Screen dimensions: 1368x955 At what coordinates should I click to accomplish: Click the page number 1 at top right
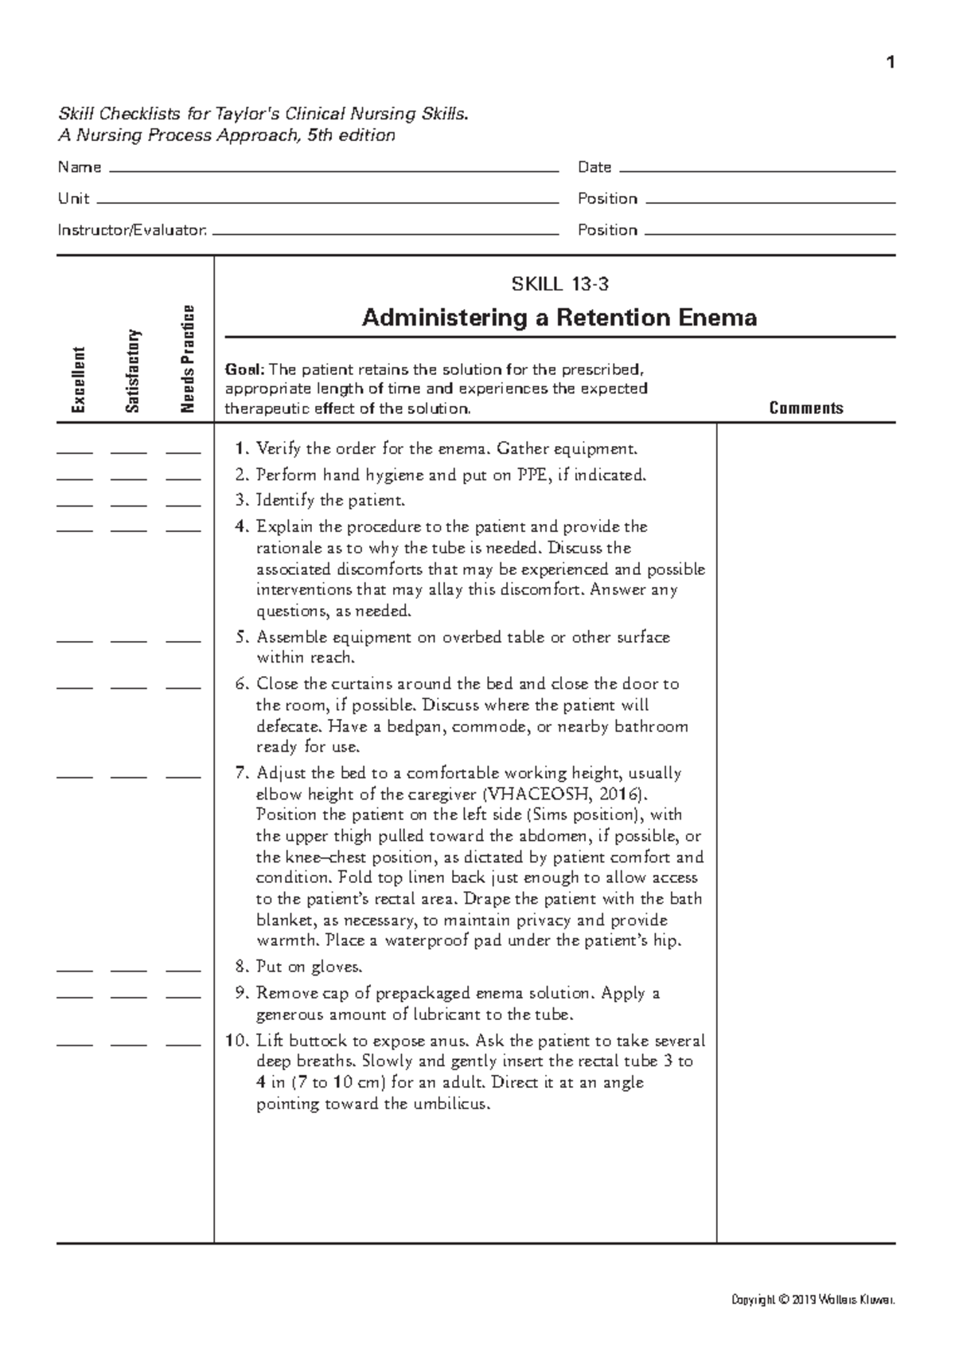[x=891, y=63]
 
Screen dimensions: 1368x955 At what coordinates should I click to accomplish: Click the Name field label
[x=79, y=167]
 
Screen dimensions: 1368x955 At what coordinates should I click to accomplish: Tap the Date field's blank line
[x=756, y=170]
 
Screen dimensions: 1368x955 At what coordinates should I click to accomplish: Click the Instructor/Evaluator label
[x=132, y=230]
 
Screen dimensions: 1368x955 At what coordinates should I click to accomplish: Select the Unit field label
[x=73, y=198]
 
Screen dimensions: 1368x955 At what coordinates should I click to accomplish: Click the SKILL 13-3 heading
[x=559, y=283]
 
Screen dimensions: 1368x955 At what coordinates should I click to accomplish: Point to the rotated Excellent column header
[x=78, y=380]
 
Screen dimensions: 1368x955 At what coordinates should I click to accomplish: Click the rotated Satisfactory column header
[x=133, y=371]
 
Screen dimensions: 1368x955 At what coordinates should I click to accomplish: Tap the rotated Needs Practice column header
[x=188, y=359]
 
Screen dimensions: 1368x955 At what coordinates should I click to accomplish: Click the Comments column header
[x=805, y=408]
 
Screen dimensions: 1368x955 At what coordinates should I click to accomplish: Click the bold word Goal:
[x=244, y=369]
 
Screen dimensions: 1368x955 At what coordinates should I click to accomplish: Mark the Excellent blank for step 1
[x=75, y=452]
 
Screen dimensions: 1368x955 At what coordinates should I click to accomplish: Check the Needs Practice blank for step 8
[x=183, y=971]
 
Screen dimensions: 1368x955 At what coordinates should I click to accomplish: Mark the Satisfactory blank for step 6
[x=129, y=687]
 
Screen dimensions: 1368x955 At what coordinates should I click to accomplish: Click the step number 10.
[x=236, y=1040]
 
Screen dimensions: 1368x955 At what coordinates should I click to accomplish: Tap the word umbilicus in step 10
[x=447, y=1104]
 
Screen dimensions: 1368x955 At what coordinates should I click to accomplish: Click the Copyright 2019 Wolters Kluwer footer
[x=813, y=1300]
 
